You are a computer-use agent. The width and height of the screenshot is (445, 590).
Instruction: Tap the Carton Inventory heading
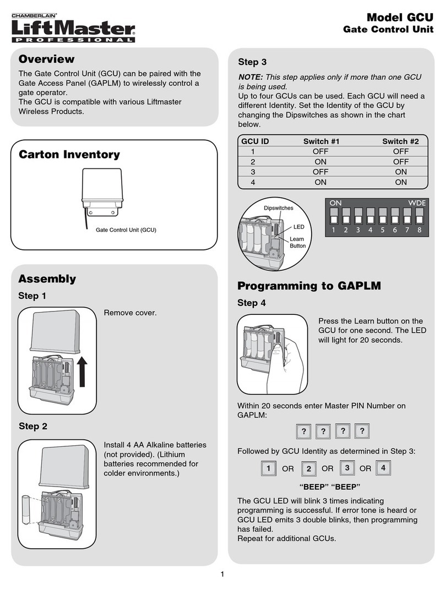pyautogui.click(x=69, y=155)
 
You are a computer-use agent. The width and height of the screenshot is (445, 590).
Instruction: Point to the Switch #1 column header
pyautogui.click(x=321, y=141)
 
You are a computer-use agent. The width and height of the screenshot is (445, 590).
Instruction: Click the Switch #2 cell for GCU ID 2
pyautogui.click(x=400, y=162)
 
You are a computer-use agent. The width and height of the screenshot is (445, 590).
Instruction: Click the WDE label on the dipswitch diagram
pyautogui.click(x=417, y=203)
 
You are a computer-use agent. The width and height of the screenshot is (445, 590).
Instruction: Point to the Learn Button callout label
pyautogui.click(x=297, y=242)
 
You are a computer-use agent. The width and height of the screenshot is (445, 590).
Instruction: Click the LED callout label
pyautogui.click(x=299, y=227)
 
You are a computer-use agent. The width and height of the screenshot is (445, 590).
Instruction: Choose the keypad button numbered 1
pyautogui.click(x=268, y=469)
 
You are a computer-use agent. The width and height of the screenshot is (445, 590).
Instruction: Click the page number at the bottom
pyautogui.click(x=223, y=575)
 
